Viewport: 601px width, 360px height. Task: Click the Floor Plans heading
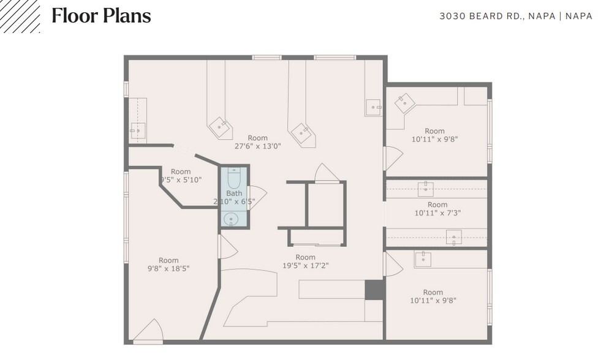(x=101, y=16)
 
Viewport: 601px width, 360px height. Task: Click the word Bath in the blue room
(x=234, y=193)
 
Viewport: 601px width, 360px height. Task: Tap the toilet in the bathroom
(x=234, y=178)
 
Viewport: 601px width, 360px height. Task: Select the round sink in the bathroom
(x=232, y=218)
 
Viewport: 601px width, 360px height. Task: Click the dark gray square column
(x=374, y=290)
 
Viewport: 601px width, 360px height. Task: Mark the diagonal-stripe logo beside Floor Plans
(x=20, y=16)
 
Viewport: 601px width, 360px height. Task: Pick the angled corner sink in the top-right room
(x=405, y=103)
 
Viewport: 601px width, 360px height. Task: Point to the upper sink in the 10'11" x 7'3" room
(x=426, y=189)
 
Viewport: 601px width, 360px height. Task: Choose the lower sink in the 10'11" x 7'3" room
(x=454, y=236)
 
